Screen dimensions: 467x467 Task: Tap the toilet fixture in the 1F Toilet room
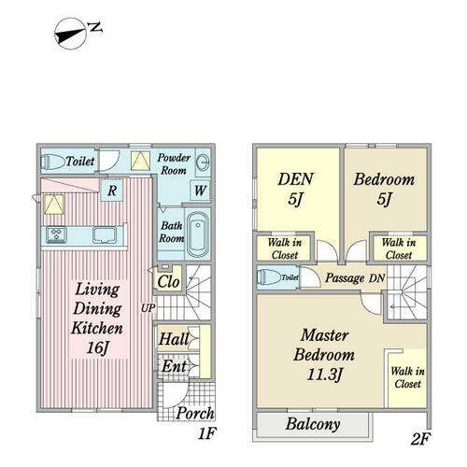[53, 162]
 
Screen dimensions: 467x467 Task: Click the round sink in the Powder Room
[203, 163]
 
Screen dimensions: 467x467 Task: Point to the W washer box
[200, 190]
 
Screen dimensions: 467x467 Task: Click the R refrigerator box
[112, 190]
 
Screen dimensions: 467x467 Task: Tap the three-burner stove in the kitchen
[56, 234]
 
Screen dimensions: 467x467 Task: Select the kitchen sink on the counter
[105, 235]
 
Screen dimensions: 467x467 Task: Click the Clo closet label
[168, 282]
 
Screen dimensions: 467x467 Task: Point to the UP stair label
[148, 308]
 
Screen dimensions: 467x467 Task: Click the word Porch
[195, 414]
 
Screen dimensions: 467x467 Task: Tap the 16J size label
[97, 347]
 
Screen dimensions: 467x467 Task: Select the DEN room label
[295, 179]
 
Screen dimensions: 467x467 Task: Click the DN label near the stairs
[376, 278]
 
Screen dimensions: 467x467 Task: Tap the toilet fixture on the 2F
[269, 277]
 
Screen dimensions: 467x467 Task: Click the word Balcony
[313, 424]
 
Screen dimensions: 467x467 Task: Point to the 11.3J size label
[324, 375]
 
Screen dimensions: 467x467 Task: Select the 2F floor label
[420, 439]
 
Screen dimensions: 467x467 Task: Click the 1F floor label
[207, 433]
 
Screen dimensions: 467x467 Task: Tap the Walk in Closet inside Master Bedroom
[407, 377]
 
